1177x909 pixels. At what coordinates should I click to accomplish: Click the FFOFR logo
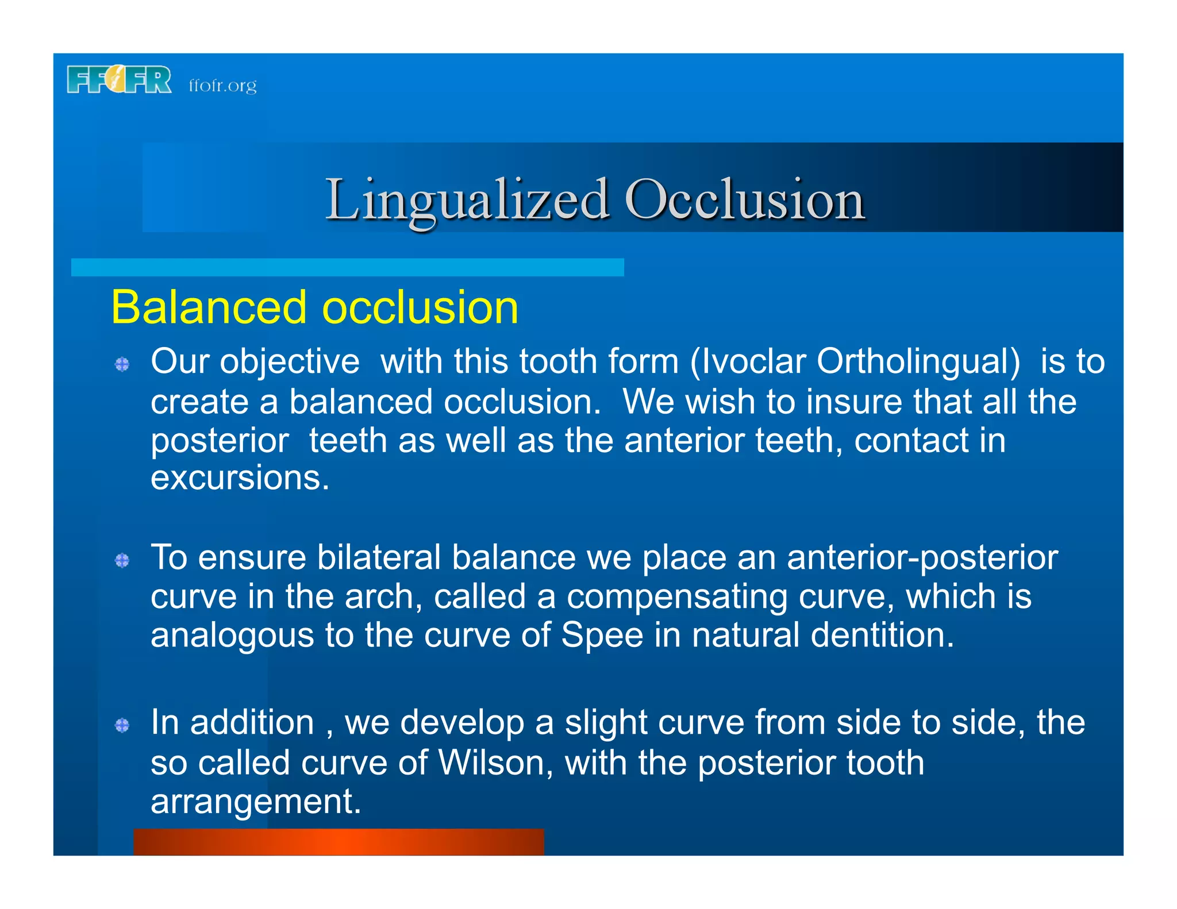point(119,80)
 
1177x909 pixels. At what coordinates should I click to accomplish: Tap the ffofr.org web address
point(222,86)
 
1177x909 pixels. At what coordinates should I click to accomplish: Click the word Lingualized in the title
point(467,199)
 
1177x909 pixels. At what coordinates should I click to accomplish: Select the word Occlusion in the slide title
point(744,199)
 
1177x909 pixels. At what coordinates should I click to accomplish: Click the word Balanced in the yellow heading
point(209,307)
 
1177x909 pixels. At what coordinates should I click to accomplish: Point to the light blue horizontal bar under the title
point(347,267)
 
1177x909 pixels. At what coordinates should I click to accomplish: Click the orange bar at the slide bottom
point(339,842)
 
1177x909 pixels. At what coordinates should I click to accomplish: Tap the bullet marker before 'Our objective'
point(122,364)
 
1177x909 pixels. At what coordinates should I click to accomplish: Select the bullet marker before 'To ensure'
point(122,560)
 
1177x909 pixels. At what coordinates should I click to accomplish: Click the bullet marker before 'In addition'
point(122,725)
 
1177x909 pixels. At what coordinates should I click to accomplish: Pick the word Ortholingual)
point(918,362)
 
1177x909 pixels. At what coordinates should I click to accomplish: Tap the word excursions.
point(240,478)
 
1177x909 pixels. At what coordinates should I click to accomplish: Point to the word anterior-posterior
point(922,559)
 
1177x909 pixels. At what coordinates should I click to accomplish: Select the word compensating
point(677,598)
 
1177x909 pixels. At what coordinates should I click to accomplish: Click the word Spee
point(602,636)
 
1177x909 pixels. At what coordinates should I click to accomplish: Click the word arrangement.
point(256,802)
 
